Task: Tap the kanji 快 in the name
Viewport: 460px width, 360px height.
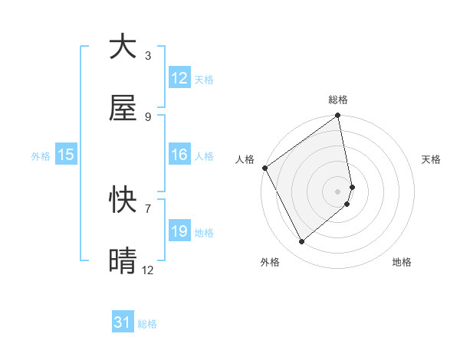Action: pos(123,200)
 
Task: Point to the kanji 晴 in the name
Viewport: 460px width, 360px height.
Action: pos(123,261)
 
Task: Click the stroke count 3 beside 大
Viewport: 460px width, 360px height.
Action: pos(147,55)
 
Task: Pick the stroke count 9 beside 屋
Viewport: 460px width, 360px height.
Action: pos(147,116)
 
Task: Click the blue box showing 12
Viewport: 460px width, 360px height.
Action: pos(179,78)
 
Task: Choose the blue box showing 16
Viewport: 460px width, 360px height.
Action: pos(179,155)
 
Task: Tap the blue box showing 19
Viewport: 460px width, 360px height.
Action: pos(179,231)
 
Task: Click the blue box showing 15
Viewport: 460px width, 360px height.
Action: pos(66,155)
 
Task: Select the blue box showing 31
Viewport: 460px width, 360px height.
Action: pos(123,323)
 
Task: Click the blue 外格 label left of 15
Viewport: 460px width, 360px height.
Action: pos(41,156)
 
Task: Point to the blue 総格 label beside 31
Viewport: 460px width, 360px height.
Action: pos(147,324)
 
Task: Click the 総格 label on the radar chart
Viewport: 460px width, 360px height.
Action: pos(338,100)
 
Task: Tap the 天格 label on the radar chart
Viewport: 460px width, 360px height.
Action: pos(431,159)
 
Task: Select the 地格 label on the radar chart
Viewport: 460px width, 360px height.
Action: pos(402,262)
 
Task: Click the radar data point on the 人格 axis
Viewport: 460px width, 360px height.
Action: pos(265,168)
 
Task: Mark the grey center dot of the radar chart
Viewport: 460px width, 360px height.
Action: pos(338,191)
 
